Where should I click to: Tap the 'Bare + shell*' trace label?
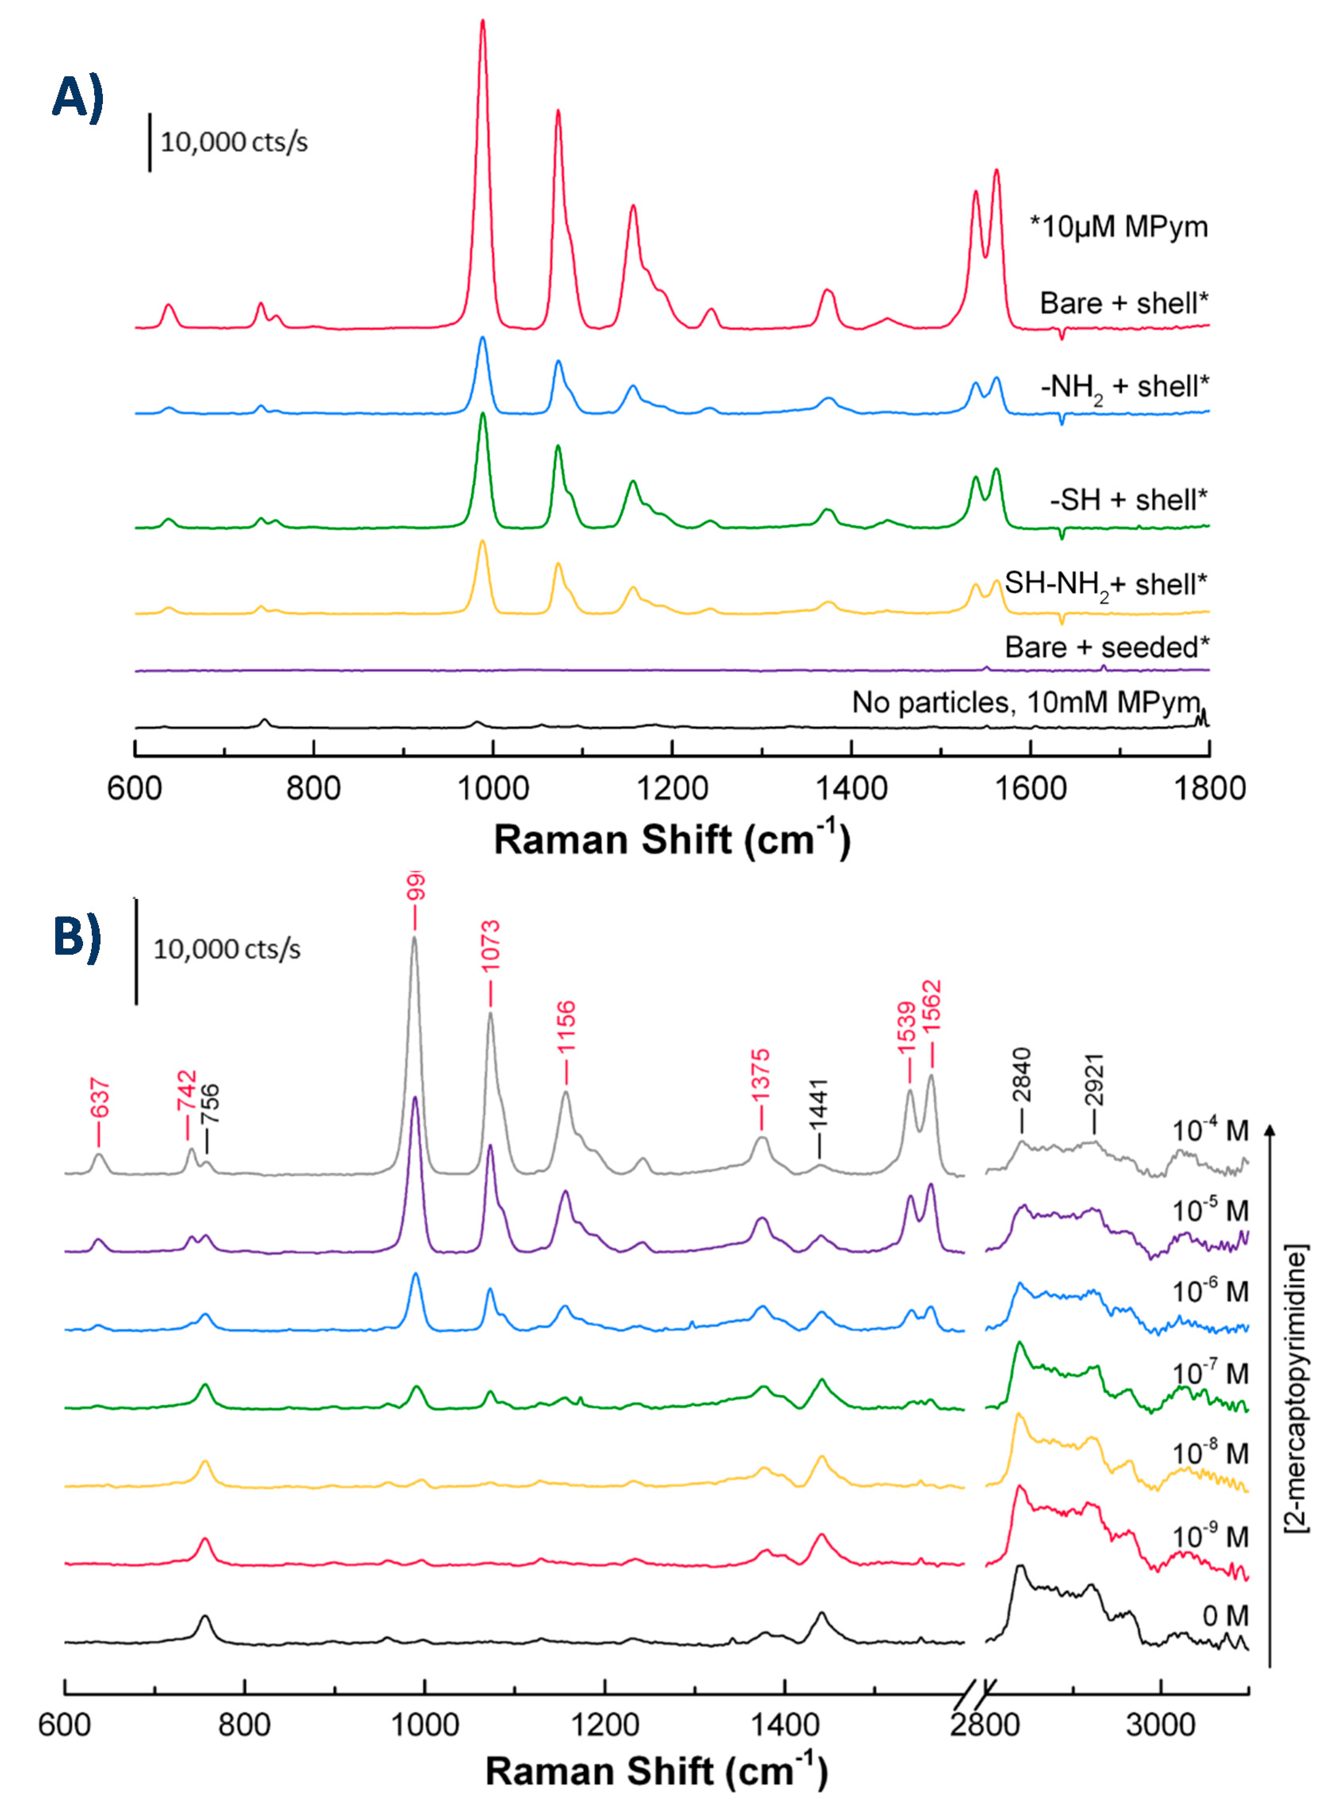coord(1124,303)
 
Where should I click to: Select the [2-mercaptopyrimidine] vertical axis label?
coord(1297,1387)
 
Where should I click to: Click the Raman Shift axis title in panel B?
coord(657,1770)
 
